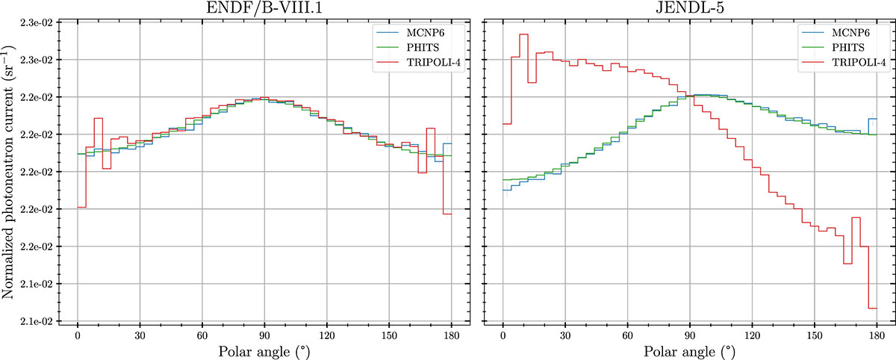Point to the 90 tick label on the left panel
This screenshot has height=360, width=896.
point(264,334)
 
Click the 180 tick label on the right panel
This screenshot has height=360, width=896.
point(877,334)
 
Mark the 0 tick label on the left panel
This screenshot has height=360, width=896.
point(78,334)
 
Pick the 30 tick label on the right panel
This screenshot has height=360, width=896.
point(565,334)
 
